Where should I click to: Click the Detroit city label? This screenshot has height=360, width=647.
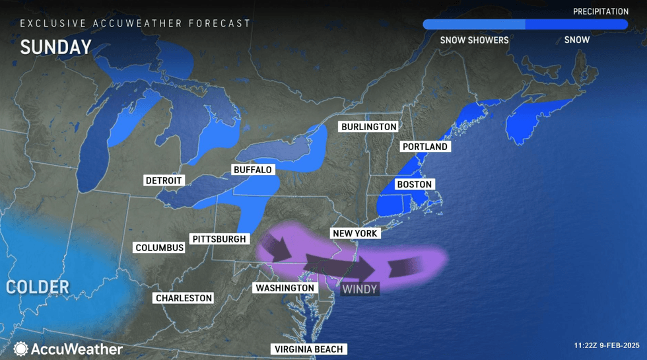pos(164,180)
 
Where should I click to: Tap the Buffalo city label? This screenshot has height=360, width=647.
pos(252,170)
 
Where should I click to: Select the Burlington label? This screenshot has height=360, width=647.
pos(369,127)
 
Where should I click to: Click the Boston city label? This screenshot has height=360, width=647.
pos(414,185)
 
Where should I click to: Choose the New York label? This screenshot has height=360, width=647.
pos(355,234)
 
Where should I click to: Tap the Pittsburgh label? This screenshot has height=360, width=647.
pos(219,239)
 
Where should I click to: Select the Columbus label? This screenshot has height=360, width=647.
pos(159,248)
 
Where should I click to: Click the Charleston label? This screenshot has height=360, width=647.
pos(184,298)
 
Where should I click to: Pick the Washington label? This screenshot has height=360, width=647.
pos(285,288)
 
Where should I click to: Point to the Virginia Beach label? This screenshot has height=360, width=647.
pos(308,349)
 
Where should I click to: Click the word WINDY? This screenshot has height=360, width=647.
pos(360,289)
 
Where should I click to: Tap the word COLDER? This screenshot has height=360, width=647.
pos(38,287)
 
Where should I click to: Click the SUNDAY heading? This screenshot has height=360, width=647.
pos(55,48)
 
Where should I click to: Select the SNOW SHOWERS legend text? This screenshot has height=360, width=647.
pos(474,40)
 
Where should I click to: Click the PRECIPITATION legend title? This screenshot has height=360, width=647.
pos(600,12)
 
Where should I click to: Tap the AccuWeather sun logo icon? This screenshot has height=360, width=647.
pos(20,349)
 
